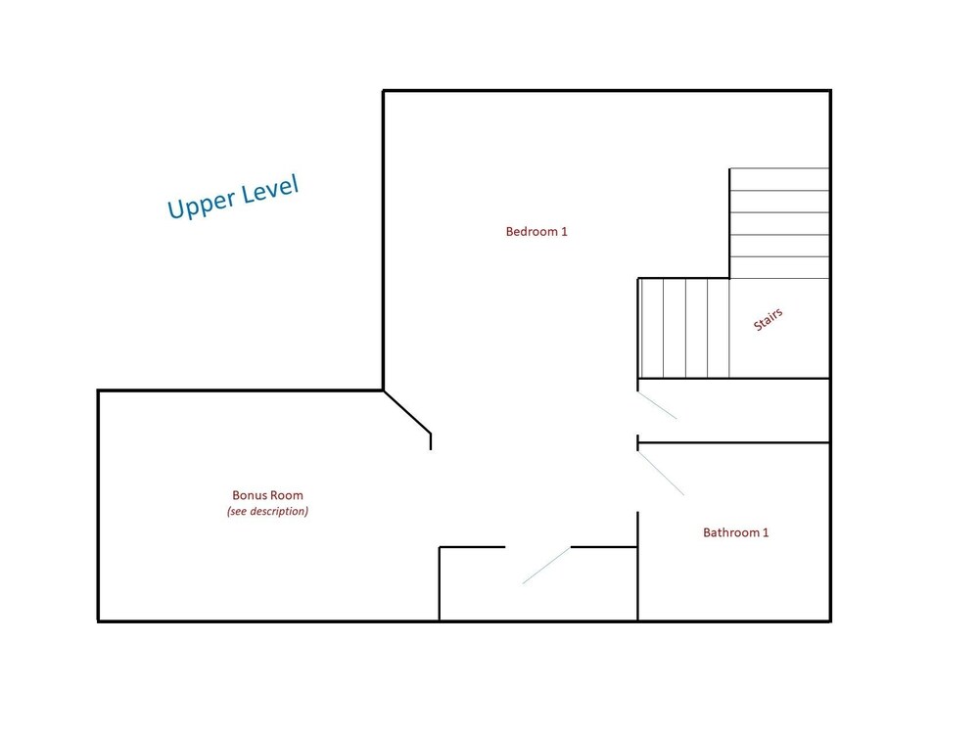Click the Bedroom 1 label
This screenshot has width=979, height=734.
(x=536, y=232)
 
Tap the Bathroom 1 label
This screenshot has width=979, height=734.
(x=735, y=532)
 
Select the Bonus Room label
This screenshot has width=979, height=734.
(x=267, y=495)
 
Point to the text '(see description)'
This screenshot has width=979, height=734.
(x=267, y=511)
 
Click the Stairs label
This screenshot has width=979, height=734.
(x=768, y=320)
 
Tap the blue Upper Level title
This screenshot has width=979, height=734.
(x=233, y=197)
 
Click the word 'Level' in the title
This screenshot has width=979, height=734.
(x=270, y=188)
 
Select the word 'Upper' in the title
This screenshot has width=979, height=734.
(x=202, y=203)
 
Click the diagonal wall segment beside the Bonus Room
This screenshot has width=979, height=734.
(x=407, y=412)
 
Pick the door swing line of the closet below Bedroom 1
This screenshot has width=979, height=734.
(x=546, y=566)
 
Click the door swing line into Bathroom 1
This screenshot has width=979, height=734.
(x=661, y=473)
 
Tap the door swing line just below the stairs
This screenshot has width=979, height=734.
(x=657, y=405)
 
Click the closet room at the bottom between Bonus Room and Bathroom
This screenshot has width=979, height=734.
(x=538, y=584)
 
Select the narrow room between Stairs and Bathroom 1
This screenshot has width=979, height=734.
(x=733, y=411)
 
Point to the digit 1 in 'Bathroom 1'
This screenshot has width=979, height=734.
(x=766, y=532)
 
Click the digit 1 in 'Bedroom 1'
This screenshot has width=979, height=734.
(x=565, y=232)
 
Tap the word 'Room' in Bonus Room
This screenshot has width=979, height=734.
(x=288, y=495)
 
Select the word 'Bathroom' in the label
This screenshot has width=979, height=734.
(x=731, y=532)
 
